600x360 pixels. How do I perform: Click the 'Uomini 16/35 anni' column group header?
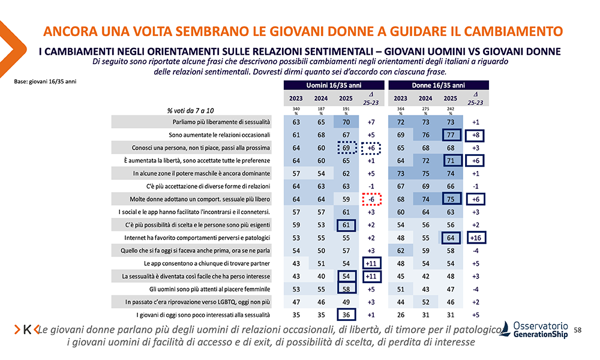pos(329,85)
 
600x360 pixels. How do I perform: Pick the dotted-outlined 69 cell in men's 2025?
pos(346,148)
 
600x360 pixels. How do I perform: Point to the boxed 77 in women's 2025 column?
pos(451,135)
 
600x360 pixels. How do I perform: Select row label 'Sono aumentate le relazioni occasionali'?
pos(220,135)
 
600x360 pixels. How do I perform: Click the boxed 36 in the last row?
pos(346,314)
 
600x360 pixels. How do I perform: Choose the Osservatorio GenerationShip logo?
pos(533,329)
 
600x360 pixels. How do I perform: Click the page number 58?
pos(578,330)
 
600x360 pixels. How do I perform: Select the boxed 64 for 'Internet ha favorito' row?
pos(451,238)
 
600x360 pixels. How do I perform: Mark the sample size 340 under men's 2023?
pos(296,109)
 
